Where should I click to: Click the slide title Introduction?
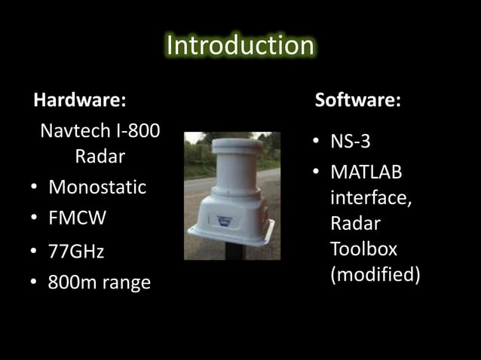tap(240, 45)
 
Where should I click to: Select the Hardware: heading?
tap(79, 100)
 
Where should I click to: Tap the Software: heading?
tap(357, 100)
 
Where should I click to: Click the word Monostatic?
tap(97, 188)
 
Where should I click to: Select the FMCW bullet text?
tap(78, 218)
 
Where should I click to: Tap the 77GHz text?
tap(76, 252)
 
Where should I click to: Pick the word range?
tap(127, 284)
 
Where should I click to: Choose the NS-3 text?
tap(350, 142)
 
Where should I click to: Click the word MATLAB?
tap(366, 172)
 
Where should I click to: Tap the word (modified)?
tap(375, 274)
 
